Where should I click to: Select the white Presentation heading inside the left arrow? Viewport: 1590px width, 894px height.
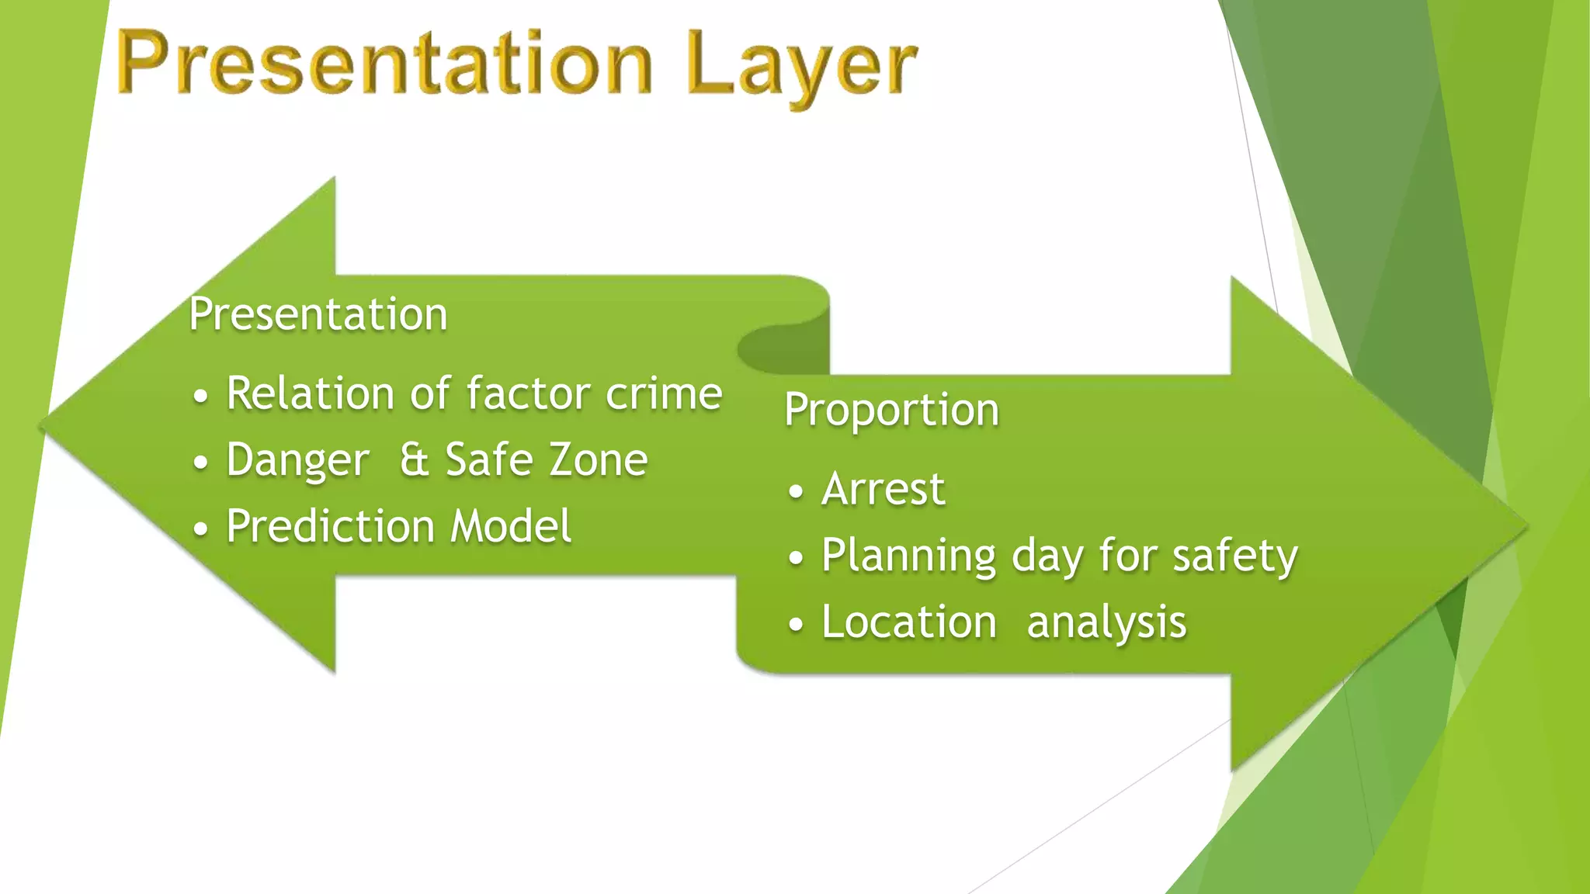coord(318,314)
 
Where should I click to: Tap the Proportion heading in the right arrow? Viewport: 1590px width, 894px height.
coord(891,410)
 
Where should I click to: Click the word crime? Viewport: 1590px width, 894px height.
coord(664,393)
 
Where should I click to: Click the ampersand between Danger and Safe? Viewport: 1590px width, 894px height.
coord(414,459)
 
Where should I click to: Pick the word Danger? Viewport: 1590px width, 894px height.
coord(297,460)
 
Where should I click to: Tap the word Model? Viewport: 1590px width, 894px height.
coord(511,526)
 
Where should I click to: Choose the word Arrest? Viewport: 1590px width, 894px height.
coord(884,489)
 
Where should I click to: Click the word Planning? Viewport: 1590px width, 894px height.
coord(908,556)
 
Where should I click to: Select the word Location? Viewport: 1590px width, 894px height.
coord(909,622)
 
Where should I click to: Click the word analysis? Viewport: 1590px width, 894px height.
coord(1106,623)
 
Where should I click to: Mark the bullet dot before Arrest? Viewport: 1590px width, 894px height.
coord(795,491)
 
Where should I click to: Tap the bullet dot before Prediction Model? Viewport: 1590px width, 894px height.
coord(200,529)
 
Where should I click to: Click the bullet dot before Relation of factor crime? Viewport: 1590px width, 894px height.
coord(200,396)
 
